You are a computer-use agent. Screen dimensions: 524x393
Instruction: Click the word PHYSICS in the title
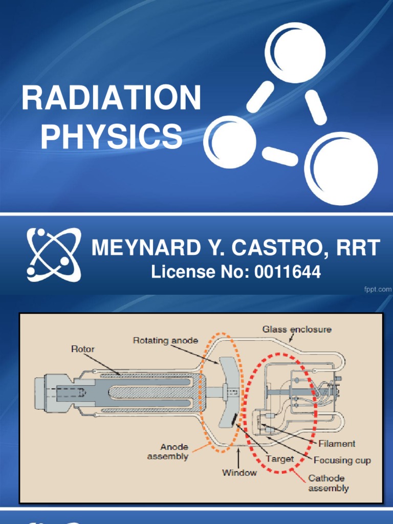tap(111, 137)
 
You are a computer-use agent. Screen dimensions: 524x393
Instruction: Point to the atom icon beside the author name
tap(53, 254)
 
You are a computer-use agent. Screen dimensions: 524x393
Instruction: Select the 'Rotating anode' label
tap(165, 340)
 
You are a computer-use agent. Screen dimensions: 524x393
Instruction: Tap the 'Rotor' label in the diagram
tap(82, 349)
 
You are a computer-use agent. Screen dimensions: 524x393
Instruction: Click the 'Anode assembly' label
tap(167, 452)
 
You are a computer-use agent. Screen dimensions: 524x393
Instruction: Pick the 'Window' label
tap(239, 473)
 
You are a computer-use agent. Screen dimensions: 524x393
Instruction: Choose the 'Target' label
tap(280, 459)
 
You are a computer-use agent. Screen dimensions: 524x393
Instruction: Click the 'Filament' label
tap(336, 444)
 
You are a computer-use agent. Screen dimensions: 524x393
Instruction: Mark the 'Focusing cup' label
tap(342, 460)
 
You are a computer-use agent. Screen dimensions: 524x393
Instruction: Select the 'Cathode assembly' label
tap(329, 483)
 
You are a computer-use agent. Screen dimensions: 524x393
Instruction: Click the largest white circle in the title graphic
tap(341, 169)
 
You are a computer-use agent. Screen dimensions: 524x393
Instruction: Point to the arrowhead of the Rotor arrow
tap(121, 375)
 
